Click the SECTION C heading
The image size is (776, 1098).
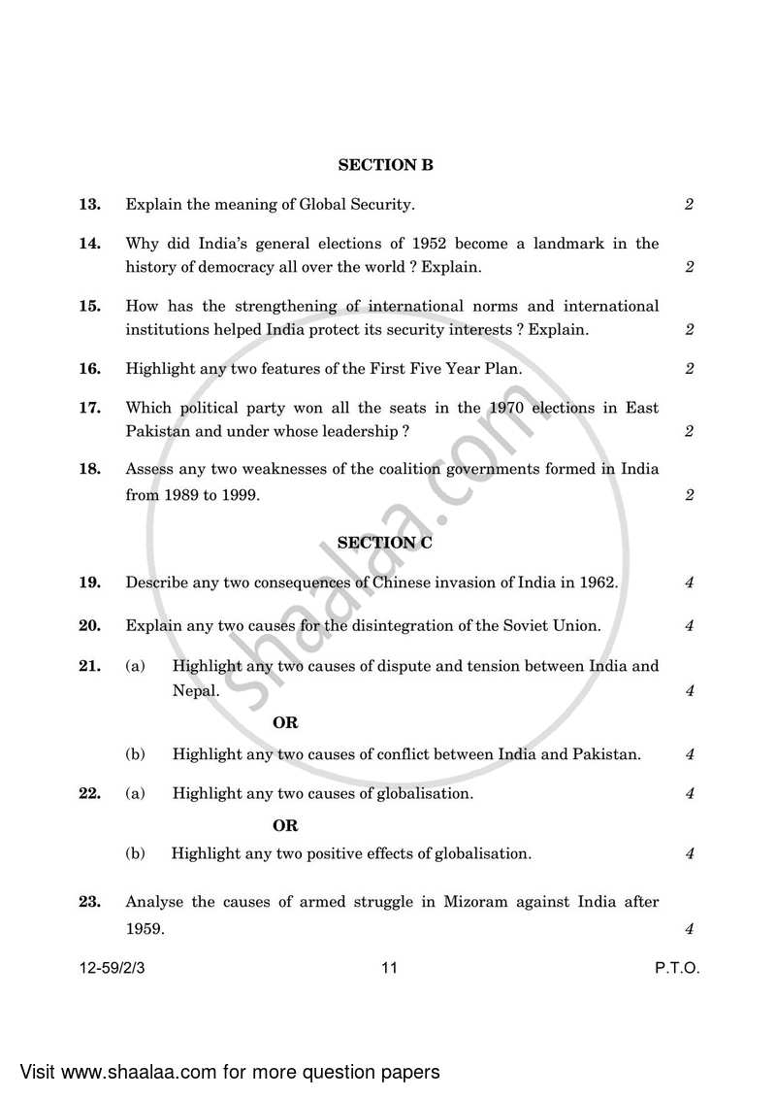coord(385,544)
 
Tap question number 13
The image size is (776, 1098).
coord(89,205)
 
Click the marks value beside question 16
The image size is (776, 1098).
coord(689,369)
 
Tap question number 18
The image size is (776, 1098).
coord(89,469)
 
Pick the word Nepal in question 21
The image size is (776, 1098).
coord(194,691)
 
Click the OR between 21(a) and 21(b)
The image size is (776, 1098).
coord(285,723)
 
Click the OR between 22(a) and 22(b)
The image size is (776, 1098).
coord(285,826)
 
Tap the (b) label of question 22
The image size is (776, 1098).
coord(136,854)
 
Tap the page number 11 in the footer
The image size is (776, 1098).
coord(389,968)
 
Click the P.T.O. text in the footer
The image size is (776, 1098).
coord(677,968)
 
